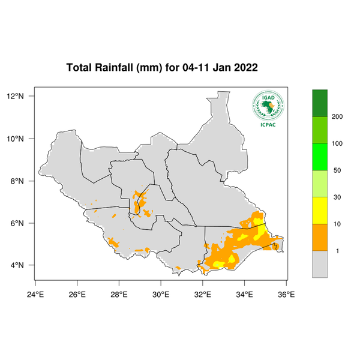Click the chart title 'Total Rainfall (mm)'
pos(114,67)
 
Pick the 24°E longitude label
pos(35,294)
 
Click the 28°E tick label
pos(119,294)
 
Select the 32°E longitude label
pos(202,294)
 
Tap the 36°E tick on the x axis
pos(286,294)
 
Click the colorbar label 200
pos(337,116)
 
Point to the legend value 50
pos(337,170)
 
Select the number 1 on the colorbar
pos(337,251)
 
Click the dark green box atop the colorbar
pos(320,103)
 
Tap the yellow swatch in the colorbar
pos(320,210)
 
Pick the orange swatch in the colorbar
pos(320,237)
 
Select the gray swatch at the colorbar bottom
pos(320,264)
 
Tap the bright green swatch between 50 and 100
pos(320,157)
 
